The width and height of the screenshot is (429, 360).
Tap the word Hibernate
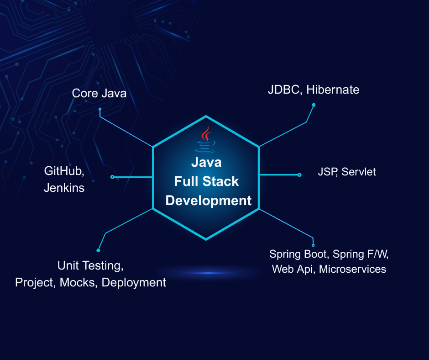tap(333, 90)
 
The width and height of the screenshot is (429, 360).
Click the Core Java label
tap(99, 94)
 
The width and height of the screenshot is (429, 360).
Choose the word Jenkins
tap(64, 187)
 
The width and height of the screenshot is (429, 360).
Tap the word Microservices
tap(352, 269)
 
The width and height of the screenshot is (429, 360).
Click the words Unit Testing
tap(90, 265)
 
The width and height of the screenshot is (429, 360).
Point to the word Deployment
tap(134, 282)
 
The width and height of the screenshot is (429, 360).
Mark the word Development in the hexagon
tap(209, 200)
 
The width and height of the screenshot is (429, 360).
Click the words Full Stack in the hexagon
tap(206, 181)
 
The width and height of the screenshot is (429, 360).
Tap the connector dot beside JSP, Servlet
tap(299, 175)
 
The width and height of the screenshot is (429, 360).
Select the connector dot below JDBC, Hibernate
tap(314, 105)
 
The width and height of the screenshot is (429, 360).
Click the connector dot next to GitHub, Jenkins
tap(112, 177)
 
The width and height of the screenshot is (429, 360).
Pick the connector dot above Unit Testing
tap(98, 250)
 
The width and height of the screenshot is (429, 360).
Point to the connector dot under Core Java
tap(100, 109)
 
